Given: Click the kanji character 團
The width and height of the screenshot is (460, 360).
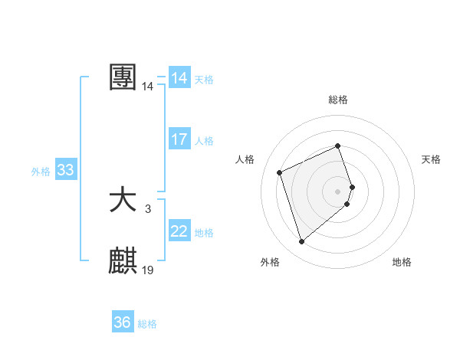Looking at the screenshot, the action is (123, 77).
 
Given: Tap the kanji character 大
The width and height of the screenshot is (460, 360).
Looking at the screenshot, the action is (123, 201).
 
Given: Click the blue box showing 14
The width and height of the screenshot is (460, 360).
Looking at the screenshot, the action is (179, 78).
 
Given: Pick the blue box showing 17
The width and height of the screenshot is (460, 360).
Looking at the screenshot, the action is (179, 139).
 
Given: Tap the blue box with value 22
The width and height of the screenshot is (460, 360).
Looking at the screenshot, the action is (179, 231).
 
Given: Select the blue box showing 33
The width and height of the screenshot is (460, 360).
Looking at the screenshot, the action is (65, 170).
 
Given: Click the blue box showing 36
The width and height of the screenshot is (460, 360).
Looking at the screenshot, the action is (123, 322).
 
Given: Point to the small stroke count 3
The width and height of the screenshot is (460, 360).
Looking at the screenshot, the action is (147, 208).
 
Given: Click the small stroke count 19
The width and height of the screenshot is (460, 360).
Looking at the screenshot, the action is (148, 270).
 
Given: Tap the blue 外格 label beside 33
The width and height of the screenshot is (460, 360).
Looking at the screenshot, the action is (41, 172).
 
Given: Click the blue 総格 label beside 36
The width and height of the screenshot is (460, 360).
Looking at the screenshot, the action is (147, 324).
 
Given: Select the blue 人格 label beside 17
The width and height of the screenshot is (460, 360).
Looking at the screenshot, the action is (204, 141).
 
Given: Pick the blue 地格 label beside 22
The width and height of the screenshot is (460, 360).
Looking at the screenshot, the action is (204, 233).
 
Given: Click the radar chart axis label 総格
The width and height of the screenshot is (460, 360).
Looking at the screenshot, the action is (338, 100).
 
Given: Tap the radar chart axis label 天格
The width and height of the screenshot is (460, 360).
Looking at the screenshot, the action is (432, 159).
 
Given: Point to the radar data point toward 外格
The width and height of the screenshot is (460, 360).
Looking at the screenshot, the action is (302, 242).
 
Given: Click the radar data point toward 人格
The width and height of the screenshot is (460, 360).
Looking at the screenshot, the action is (280, 172).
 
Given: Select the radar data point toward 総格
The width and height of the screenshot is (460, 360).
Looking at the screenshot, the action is (338, 146).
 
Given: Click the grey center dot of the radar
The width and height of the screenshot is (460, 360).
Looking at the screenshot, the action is (338, 190).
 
